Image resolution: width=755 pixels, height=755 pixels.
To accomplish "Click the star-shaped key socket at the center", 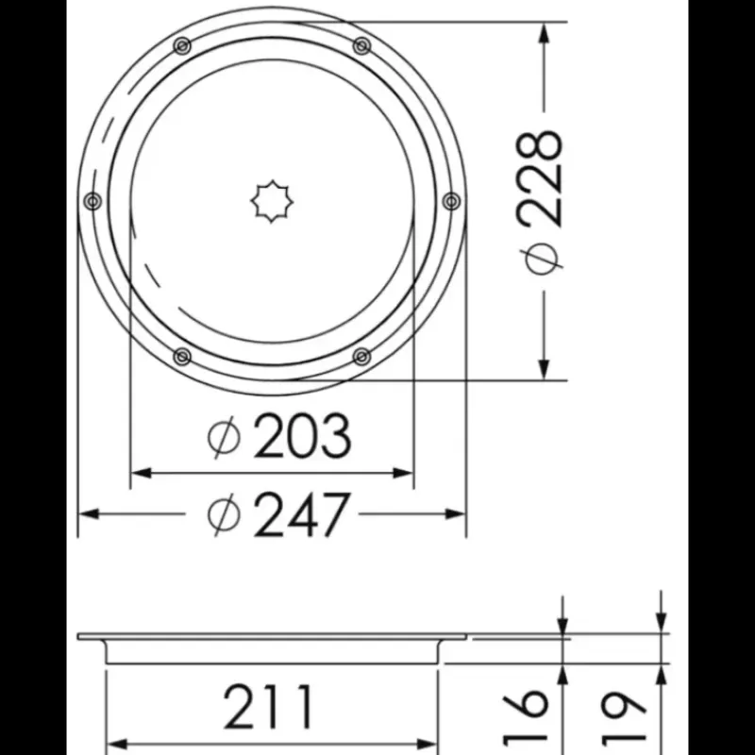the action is (x=272, y=201).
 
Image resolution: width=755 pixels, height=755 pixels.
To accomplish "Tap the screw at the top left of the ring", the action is (x=182, y=46).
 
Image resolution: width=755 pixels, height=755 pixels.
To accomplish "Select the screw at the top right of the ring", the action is (x=361, y=46).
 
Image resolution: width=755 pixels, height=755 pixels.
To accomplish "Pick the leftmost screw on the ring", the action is (x=92, y=201).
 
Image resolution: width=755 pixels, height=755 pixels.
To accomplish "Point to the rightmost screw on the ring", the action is (x=451, y=201).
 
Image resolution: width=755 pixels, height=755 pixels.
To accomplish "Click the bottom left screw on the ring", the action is (x=182, y=357).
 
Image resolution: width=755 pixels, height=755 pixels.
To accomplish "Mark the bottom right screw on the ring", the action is (x=361, y=357).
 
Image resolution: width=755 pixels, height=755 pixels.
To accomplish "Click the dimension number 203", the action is (x=302, y=437).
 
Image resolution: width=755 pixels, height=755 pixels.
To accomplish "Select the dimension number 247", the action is (x=300, y=515).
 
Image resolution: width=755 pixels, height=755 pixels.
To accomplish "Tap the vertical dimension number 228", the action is (x=539, y=178).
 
